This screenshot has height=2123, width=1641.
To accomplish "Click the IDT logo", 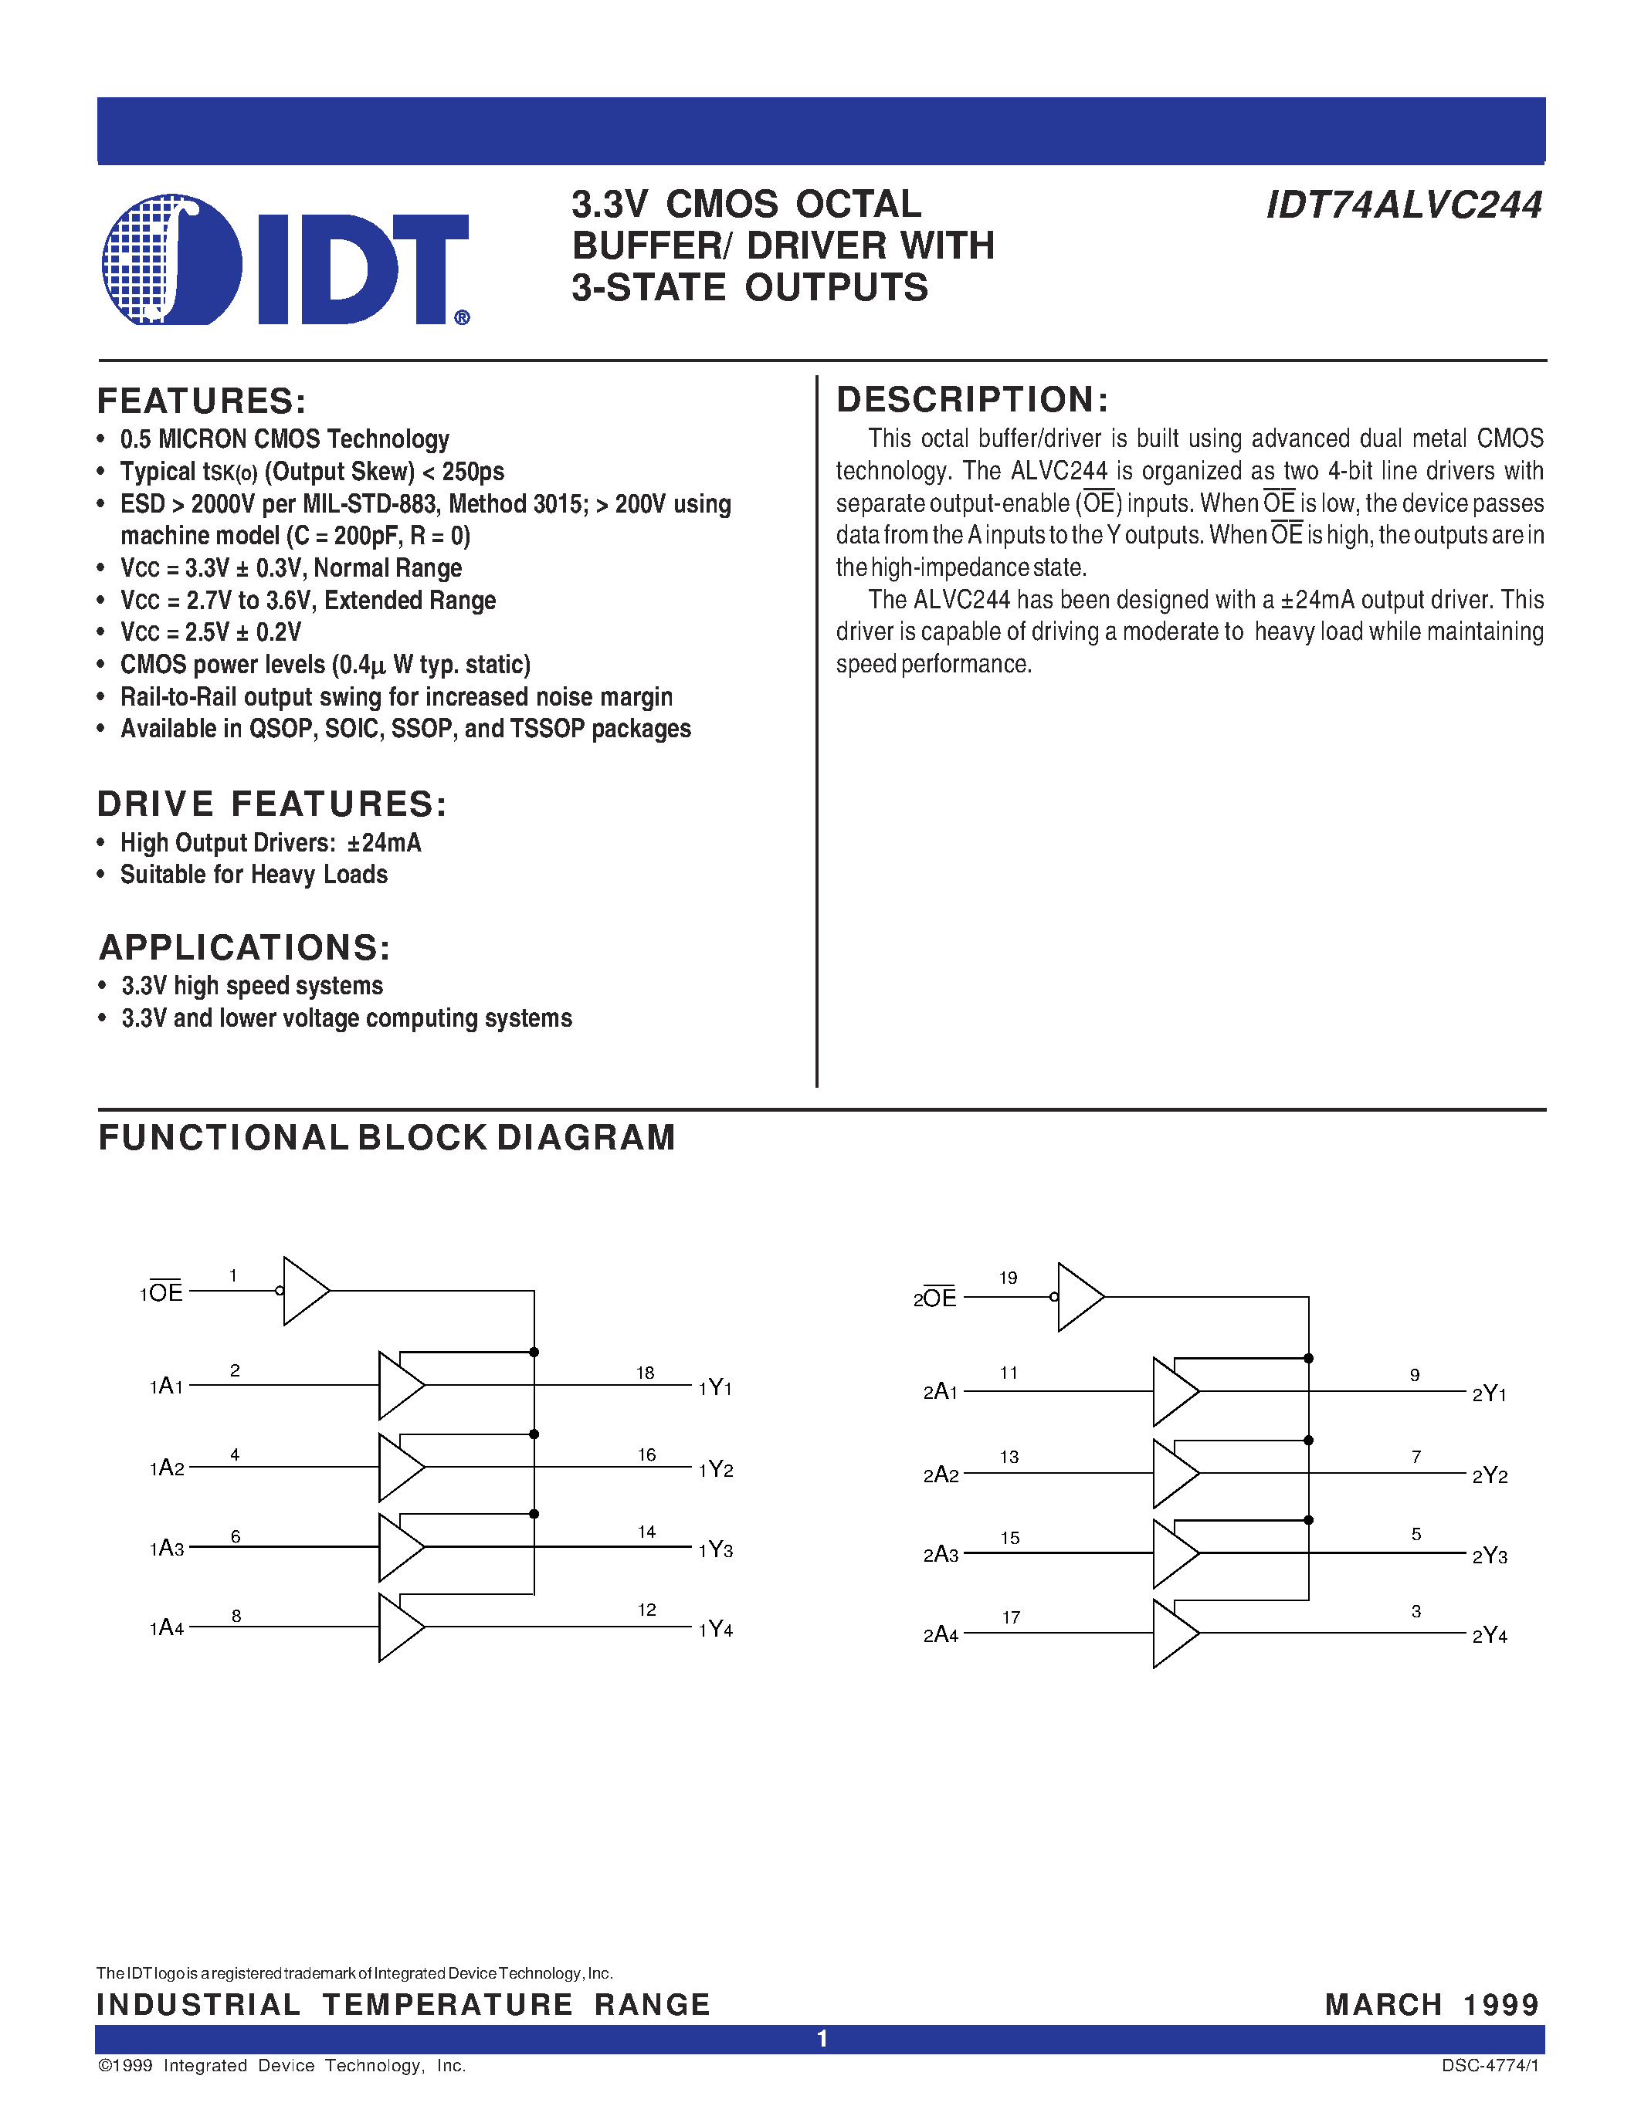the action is pyautogui.click(x=285, y=259).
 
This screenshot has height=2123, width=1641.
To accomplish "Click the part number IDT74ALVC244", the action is pyautogui.click(x=1404, y=205).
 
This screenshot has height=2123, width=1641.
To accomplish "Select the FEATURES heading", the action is pyautogui.click(x=202, y=401).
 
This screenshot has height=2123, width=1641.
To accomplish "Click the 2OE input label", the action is pyautogui.click(x=934, y=1298).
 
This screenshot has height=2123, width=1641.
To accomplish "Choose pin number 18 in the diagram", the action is pyautogui.click(x=646, y=1373).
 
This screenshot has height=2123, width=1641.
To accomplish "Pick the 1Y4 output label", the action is pyautogui.click(x=716, y=1629).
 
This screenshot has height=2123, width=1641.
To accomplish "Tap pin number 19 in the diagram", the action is pyautogui.click(x=1008, y=1278).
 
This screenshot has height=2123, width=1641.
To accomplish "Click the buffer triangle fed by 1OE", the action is pyautogui.click(x=305, y=1291).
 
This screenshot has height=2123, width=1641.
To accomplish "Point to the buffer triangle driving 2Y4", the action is pyautogui.click(x=1175, y=1634).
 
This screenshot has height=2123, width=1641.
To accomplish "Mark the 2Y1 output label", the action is pyautogui.click(x=1490, y=1394).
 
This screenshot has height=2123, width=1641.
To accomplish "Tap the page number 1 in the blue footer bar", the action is pyautogui.click(x=822, y=2038).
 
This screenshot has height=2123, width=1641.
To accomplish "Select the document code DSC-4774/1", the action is pyautogui.click(x=1490, y=2066).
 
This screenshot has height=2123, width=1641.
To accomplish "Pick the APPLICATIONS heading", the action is pyautogui.click(x=245, y=948).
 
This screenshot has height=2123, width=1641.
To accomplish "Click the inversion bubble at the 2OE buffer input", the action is pyautogui.click(x=1054, y=1297).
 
